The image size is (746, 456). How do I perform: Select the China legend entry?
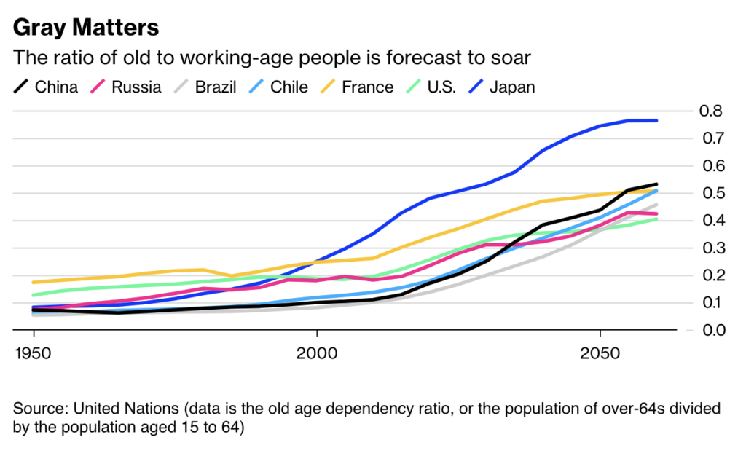pyautogui.click(x=46, y=87)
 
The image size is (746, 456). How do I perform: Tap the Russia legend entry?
pyautogui.click(x=125, y=87)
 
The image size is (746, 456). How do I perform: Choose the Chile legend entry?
pyautogui.click(x=278, y=87)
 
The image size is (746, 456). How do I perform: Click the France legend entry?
pyautogui.click(x=356, y=87)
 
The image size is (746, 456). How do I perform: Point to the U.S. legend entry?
pyautogui.click(x=431, y=87)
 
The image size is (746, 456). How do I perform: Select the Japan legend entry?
pyautogui.click(x=501, y=87)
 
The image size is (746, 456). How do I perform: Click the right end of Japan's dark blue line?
pyautogui.click(x=657, y=120)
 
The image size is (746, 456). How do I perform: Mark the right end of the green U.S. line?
pyautogui.click(x=657, y=219)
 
